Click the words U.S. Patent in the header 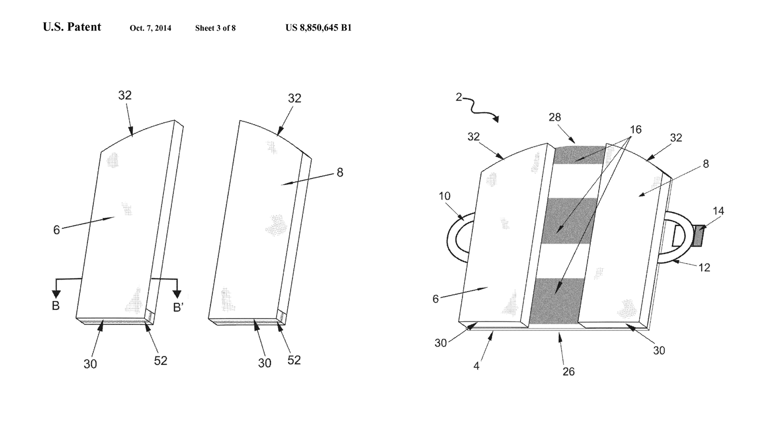pos(72,27)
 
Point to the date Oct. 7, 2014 pos(150,28)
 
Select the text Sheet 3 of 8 pos(215,28)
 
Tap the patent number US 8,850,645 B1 pos(318,28)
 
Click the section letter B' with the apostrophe pos(179,307)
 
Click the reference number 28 pos(554,117)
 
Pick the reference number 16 pos(635,130)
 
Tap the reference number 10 pos(444,196)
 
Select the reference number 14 pos(718,211)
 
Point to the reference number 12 pos(704,267)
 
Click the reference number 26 pos(568,371)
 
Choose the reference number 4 pos(476,366)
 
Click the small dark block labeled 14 pos(700,235)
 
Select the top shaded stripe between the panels pos(579,155)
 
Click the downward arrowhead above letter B pos(56,294)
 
